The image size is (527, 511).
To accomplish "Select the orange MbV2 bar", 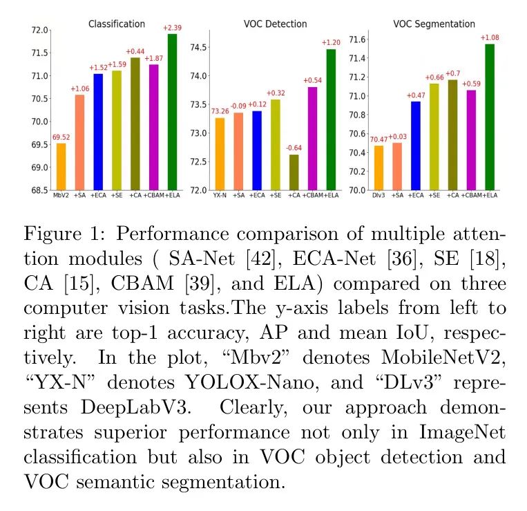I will point(61,167).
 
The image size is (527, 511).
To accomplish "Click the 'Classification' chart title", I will point(117,24).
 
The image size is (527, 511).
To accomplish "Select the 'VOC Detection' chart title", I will point(276,24).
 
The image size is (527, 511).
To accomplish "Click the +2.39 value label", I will point(172,28).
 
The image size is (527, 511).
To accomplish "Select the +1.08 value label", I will point(490,37).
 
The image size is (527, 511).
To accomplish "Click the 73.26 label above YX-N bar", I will point(219,111).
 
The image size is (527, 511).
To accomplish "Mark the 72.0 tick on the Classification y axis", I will point(40,30).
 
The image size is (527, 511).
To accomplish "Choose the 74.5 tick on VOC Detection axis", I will point(199,47).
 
